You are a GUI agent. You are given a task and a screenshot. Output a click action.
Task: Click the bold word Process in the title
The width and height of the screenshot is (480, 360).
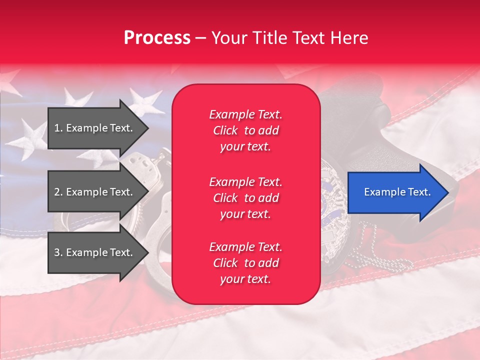[157, 38]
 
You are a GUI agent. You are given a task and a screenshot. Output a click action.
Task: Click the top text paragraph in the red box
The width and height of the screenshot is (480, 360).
[245, 130]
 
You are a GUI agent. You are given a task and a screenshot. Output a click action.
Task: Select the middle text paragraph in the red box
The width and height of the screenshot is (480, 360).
[245, 198]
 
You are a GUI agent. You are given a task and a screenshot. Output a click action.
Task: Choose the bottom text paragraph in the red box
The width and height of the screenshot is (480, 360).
[245, 263]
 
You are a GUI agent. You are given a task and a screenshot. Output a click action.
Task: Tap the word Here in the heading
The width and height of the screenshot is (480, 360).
[350, 38]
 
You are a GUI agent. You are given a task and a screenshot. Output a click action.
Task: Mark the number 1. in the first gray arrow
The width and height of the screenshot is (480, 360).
[58, 128]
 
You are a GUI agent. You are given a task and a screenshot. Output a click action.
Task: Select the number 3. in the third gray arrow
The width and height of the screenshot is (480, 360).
[58, 252]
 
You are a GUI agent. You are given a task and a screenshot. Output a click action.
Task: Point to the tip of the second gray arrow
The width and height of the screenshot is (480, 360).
[147, 192]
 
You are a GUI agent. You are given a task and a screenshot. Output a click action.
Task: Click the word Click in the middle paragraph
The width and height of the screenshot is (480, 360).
[225, 198]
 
